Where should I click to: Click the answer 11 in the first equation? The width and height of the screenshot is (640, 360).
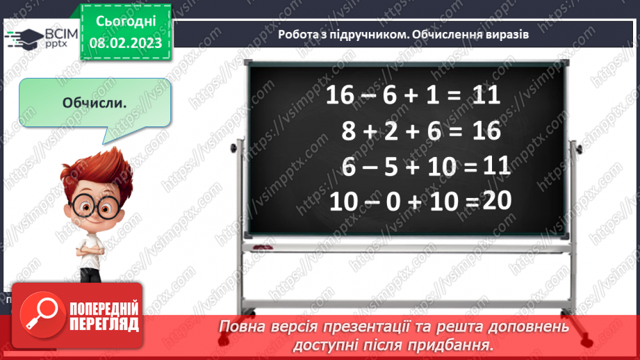click(485, 95)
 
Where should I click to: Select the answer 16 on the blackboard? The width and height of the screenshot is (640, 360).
click(485, 131)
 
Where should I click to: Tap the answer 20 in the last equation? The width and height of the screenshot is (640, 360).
click(496, 201)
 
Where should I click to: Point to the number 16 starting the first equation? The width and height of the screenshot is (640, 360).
click(340, 96)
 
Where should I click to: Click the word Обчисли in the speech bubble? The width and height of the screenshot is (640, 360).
click(94, 104)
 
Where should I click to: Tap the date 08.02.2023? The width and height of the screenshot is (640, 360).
click(125, 43)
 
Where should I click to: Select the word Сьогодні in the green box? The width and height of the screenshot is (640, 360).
click(125, 22)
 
